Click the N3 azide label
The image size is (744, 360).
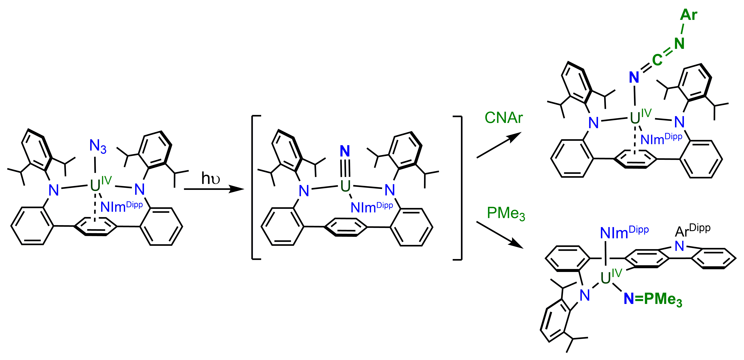[98, 146]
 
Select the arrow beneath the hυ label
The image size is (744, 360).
[214, 189]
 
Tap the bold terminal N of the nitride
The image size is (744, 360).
[345, 151]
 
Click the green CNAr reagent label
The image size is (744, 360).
[504, 118]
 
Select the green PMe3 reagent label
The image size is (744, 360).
[506, 214]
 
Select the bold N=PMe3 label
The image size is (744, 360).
[653, 299]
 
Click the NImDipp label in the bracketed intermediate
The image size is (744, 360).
[372, 207]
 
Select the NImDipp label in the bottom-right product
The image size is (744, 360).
[624, 232]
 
